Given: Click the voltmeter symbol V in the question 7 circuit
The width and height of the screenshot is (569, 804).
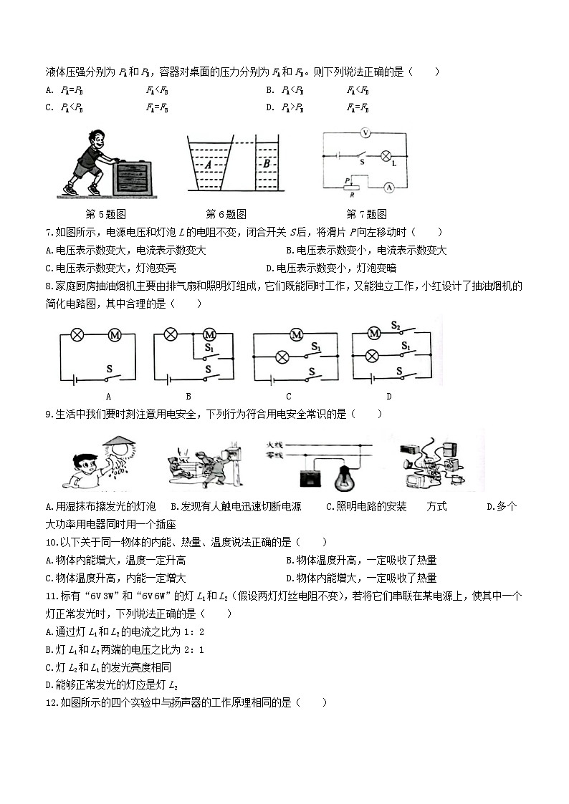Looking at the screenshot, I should (365, 133).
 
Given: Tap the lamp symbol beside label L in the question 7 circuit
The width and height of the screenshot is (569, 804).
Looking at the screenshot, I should (385, 155).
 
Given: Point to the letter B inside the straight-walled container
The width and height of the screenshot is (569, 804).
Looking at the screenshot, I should (266, 163).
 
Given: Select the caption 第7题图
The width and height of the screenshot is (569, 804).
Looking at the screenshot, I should (366, 214).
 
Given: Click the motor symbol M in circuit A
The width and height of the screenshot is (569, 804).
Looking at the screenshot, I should (114, 334).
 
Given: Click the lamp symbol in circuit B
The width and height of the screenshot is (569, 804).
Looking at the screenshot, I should (171, 334).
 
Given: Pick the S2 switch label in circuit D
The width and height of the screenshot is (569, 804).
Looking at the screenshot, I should (396, 324).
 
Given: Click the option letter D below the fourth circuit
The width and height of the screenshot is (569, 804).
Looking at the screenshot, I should (389, 396).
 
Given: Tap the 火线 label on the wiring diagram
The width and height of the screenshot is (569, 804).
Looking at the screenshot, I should (275, 443).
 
